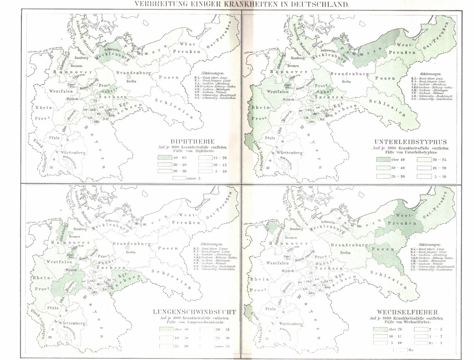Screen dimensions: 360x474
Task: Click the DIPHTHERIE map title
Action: [x=193, y=141]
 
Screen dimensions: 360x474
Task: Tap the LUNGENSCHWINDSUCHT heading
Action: [x=194, y=312]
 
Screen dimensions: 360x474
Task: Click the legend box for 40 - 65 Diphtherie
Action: [x=165, y=158]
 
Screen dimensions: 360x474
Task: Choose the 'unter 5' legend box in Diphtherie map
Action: [x=179, y=178]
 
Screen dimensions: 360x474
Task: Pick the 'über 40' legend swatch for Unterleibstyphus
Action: [x=383, y=159]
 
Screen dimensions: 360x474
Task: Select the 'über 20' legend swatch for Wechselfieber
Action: [x=380, y=329]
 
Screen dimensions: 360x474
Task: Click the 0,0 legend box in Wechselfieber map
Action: [x=400, y=350]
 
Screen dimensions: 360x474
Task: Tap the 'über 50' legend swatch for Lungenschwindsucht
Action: [x=166, y=329]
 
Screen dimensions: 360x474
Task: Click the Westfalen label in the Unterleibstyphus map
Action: [x=278, y=92]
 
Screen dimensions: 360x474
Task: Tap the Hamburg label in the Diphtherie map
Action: [x=81, y=58]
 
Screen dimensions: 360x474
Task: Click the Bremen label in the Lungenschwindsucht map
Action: [x=74, y=236]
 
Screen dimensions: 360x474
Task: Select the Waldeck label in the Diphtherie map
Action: [x=73, y=99]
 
